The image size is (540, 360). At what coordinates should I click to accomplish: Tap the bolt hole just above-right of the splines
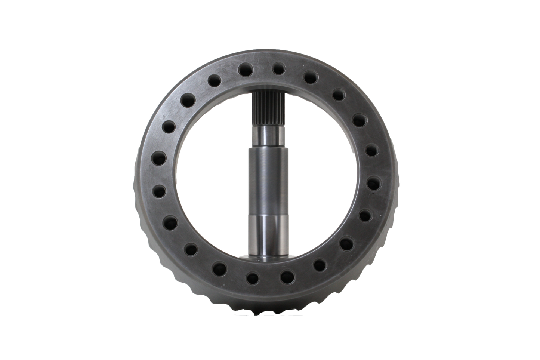[x=287, y=69]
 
